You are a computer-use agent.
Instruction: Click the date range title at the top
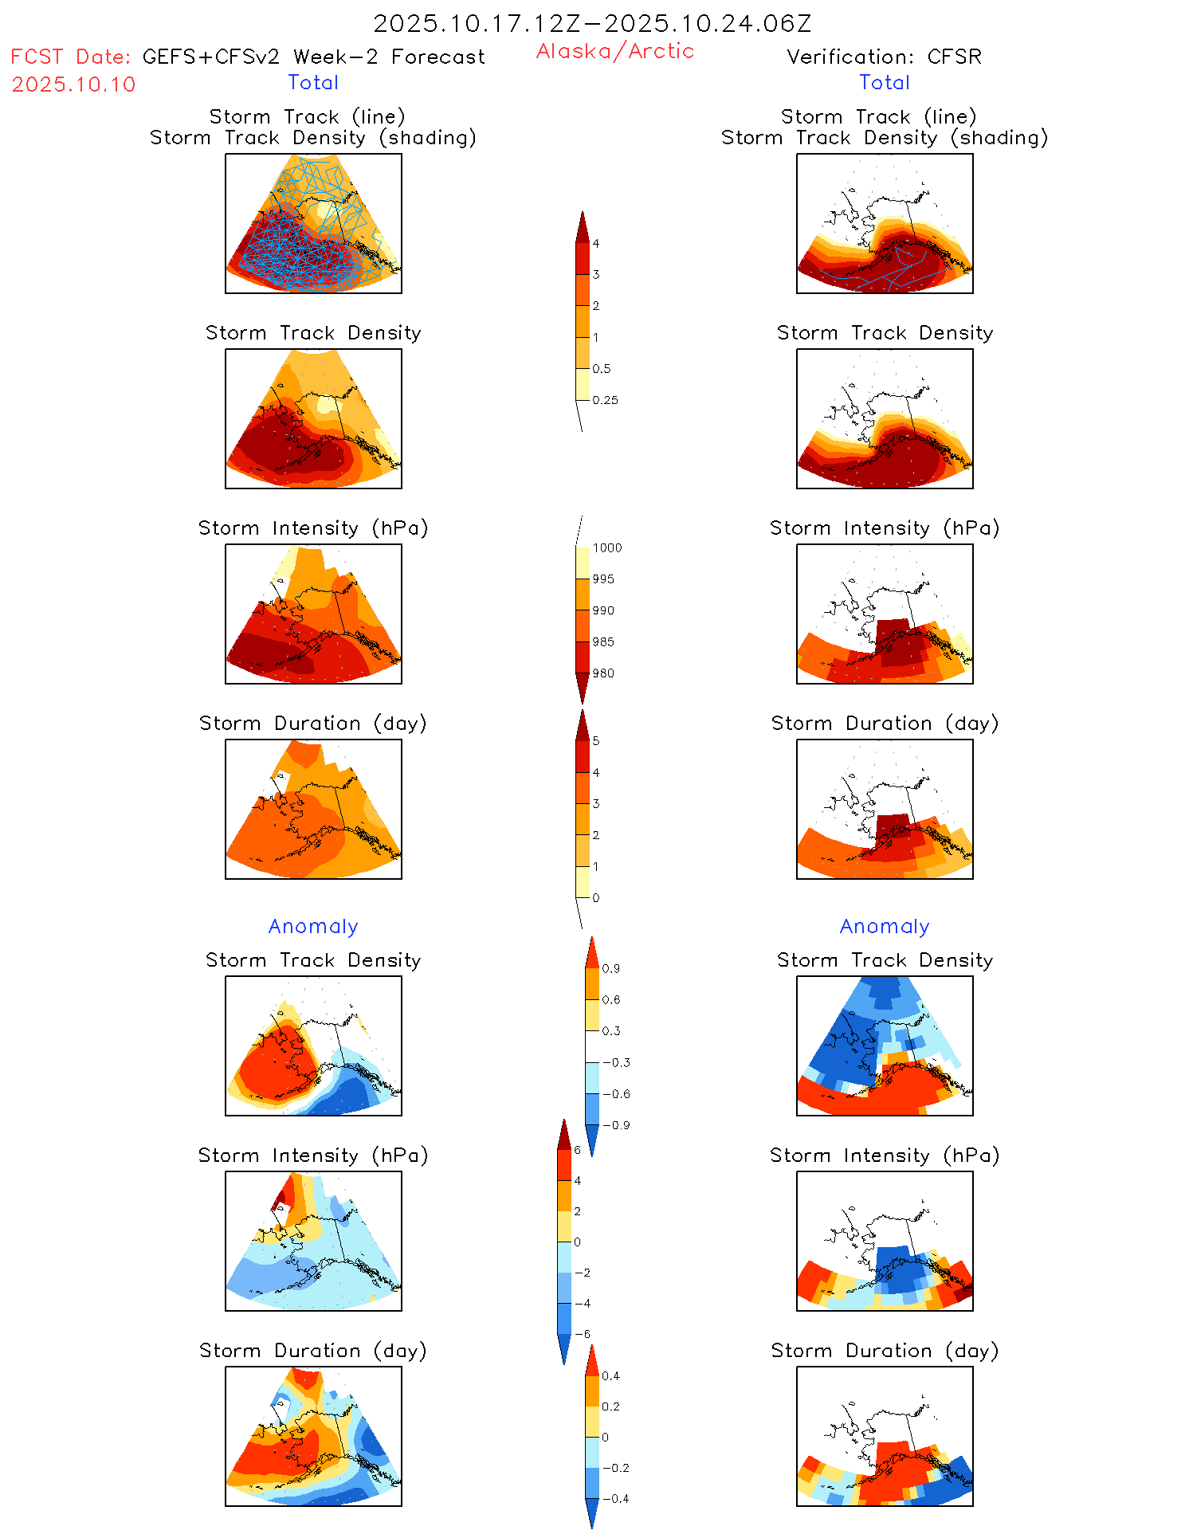[592, 24]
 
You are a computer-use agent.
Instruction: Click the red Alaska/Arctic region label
[614, 51]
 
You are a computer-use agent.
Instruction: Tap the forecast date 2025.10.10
[73, 84]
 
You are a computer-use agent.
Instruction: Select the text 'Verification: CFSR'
[884, 57]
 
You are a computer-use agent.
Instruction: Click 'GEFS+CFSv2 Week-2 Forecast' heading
[313, 57]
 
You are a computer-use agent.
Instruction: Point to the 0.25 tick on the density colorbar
[605, 400]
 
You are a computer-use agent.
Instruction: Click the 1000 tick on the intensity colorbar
[606, 547]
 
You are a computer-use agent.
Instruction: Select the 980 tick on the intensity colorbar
[603, 673]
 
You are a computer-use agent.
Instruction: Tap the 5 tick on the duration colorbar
[596, 741]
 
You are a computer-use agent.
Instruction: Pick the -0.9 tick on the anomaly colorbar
[615, 1125]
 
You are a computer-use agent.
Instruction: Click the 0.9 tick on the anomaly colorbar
[610, 968]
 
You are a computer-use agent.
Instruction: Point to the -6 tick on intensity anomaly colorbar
[583, 1334]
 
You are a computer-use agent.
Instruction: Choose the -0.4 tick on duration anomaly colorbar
[614, 1498]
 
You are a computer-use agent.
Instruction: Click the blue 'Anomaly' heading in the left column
[313, 926]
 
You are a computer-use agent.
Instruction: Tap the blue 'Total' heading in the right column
[884, 82]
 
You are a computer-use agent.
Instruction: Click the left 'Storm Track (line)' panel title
[307, 116]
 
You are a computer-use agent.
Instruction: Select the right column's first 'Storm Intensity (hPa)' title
[884, 528]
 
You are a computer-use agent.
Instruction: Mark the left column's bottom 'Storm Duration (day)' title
[313, 1351]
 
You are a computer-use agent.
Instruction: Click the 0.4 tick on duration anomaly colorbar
[610, 1375]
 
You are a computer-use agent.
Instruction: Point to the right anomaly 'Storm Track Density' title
[885, 960]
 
